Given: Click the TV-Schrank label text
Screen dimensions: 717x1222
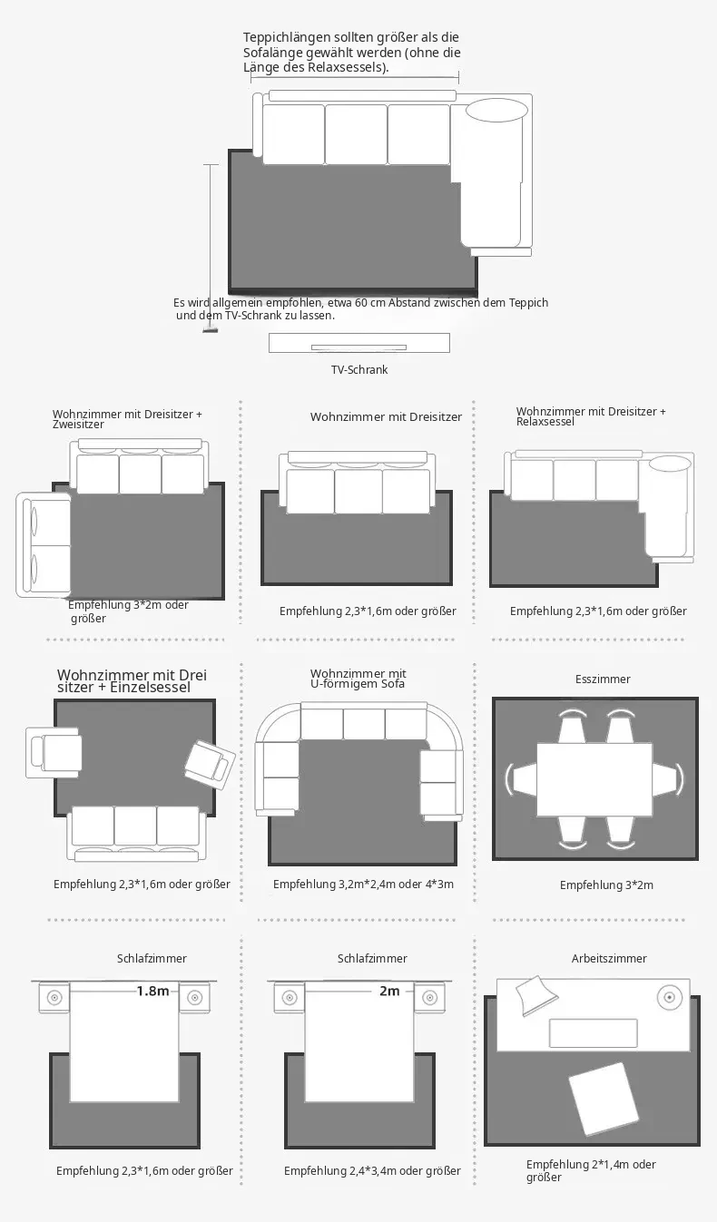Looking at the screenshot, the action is point(359,370).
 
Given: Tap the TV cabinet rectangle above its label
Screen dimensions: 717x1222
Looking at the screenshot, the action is point(359,343).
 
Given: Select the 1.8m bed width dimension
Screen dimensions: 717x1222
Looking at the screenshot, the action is point(152,990).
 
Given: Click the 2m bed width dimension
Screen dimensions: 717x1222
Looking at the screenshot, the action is point(389,990).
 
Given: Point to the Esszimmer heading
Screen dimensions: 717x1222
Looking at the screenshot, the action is point(603,679).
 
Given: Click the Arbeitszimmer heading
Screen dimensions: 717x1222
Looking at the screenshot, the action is point(609,959).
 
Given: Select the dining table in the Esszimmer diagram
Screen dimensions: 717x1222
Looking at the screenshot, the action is point(594,779).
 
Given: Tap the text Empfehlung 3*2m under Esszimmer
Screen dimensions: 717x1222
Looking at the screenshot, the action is point(606,885).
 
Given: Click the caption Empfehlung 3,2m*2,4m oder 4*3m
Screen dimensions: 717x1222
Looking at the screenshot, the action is point(363,885).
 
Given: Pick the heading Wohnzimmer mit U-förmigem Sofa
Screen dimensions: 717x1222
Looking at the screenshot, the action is point(358,679).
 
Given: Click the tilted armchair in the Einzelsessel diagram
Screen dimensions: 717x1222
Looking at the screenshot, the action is point(210,764).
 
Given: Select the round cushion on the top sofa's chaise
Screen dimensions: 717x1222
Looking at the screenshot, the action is point(497,110).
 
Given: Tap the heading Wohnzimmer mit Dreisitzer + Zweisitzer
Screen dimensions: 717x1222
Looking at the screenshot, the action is point(127,419).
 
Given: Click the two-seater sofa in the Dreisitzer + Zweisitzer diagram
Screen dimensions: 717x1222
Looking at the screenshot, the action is point(44,544).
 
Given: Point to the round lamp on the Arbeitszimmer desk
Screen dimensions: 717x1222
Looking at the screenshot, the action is point(670,998).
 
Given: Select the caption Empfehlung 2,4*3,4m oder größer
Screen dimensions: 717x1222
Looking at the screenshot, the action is point(372,1170).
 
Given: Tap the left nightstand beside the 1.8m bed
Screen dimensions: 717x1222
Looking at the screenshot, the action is point(54,998).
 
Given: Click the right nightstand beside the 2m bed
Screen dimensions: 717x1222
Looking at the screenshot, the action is point(429,998).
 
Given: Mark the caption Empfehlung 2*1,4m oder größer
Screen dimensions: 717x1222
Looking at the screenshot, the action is point(591,1170).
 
